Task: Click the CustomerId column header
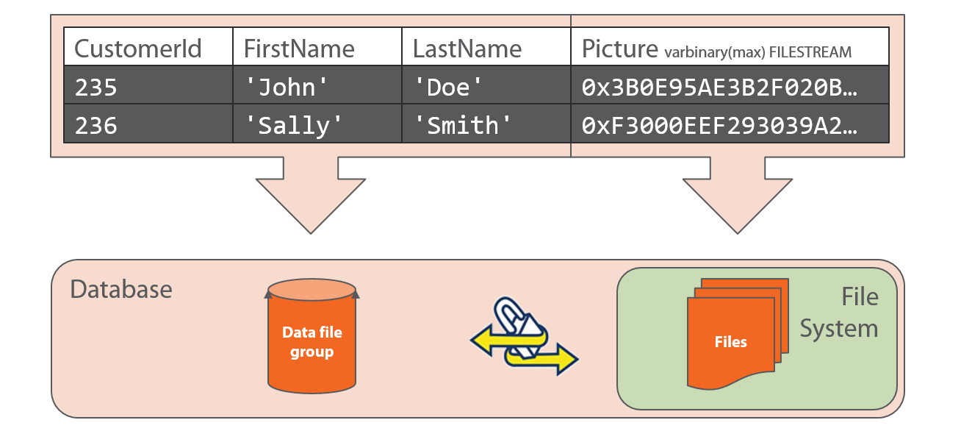pos(148,46)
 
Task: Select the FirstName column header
pos(317,46)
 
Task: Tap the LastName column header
pos(486,46)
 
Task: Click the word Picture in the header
pos(619,49)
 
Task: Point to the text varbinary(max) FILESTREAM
pos(758,52)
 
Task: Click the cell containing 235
pos(148,85)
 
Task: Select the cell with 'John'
pos(317,85)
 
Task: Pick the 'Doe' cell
pos(486,85)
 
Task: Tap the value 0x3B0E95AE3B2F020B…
pos(719,88)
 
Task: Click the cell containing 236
pos(148,124)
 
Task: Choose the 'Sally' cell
pos(317,124)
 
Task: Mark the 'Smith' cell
pos(486,124)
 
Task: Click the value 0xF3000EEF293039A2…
pos(719,126)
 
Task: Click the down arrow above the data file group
pos(311,196)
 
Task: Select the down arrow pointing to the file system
pos(738,196)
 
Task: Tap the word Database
pos(121,289)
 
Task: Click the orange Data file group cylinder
pos(312,336)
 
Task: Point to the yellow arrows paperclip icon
pos(525,336)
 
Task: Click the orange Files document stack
pos(738,334)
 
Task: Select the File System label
pos(839,313)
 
